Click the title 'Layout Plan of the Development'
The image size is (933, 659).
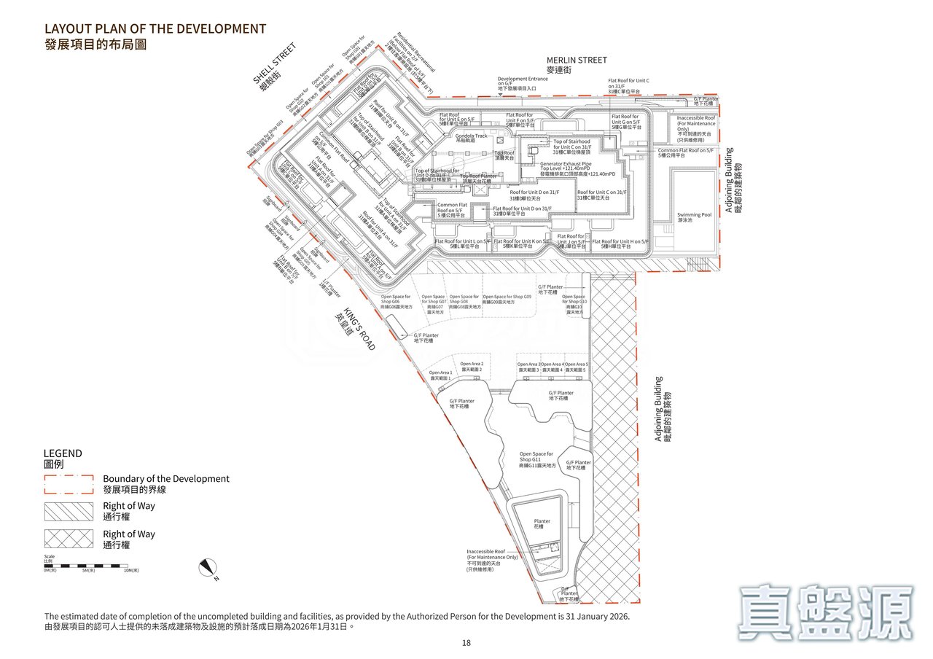tap(155, 29)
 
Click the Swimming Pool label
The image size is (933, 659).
tap(694, 215)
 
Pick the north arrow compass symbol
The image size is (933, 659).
tap(208, 568)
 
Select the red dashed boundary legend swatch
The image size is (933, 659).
tap(69, 484)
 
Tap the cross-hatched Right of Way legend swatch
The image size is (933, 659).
tap(69, 539)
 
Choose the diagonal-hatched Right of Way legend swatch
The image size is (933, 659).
tap(69, 511)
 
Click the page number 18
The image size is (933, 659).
tap(466, 643)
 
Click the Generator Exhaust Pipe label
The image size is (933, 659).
tap(566, 165)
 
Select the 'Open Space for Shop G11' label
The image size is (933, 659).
tap(536, 457)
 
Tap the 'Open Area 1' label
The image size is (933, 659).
tap(440, 373)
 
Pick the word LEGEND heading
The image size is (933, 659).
tap(63, 453)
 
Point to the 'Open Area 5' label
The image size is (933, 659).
tap(576, 364)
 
